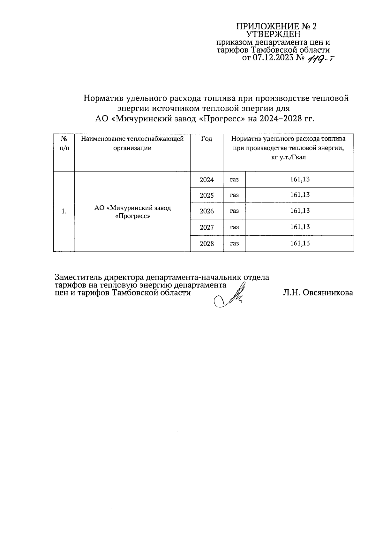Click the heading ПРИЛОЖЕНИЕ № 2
[276, 26]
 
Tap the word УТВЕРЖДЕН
[274, 34]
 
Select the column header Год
[207, 139]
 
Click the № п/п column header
[64, 143]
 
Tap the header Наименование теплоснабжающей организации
[132, 143]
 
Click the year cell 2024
[207, 180]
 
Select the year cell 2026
[207, 211]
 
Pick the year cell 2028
[207, 244]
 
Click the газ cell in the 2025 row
[234, 195]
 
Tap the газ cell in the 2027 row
[234, 227]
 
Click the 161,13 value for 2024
[300, 179]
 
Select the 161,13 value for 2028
[300, 243]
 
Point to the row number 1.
[64, 211]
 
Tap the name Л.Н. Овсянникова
[318, 293]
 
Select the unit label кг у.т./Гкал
[288, 157]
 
